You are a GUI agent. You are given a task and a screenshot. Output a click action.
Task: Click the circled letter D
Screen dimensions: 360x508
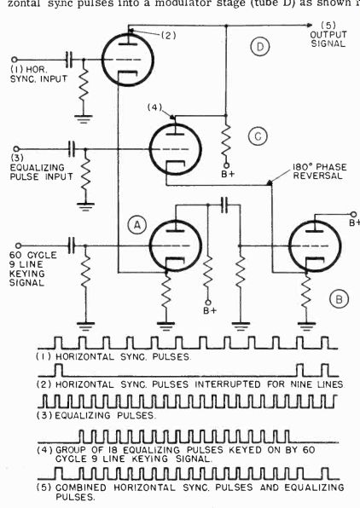click(260, 47)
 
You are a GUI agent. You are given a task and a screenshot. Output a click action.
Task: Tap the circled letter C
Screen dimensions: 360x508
click(258, 136)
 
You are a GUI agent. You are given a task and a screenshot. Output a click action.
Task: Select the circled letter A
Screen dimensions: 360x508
click(137, 225)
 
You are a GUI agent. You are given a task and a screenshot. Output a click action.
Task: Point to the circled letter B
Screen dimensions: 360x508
click(339, 299)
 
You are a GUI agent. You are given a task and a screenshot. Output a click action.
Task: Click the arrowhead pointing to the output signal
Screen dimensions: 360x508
click(310, 26)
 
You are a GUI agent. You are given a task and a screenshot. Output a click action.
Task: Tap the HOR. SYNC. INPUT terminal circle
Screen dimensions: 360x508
click(15, 60)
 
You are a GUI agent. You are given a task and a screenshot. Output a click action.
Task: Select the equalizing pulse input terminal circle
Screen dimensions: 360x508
click(17, 149)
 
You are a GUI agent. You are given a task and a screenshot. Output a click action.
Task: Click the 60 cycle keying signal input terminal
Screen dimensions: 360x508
click(19, 245)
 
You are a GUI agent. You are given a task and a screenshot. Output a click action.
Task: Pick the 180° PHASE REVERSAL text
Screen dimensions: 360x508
click(319, 171)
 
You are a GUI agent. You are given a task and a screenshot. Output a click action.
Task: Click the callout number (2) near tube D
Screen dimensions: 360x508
click(168, 35)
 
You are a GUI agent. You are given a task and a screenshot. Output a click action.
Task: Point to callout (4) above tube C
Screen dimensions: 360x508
click(154, 107)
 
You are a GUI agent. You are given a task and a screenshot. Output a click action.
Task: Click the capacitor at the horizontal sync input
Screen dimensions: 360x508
click(69, 60)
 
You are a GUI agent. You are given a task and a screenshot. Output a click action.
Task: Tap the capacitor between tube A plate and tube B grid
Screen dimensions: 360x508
click(225, 205)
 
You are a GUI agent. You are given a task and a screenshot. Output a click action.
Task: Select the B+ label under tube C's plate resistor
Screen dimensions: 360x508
click(228, 174)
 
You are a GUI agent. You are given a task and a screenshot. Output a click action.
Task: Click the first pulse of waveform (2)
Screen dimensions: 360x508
click(59, 370)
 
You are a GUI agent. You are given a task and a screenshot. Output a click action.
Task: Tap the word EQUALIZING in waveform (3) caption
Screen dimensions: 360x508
click(83, 415)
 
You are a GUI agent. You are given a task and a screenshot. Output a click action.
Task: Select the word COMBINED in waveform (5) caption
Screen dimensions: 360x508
click(81, 488)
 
